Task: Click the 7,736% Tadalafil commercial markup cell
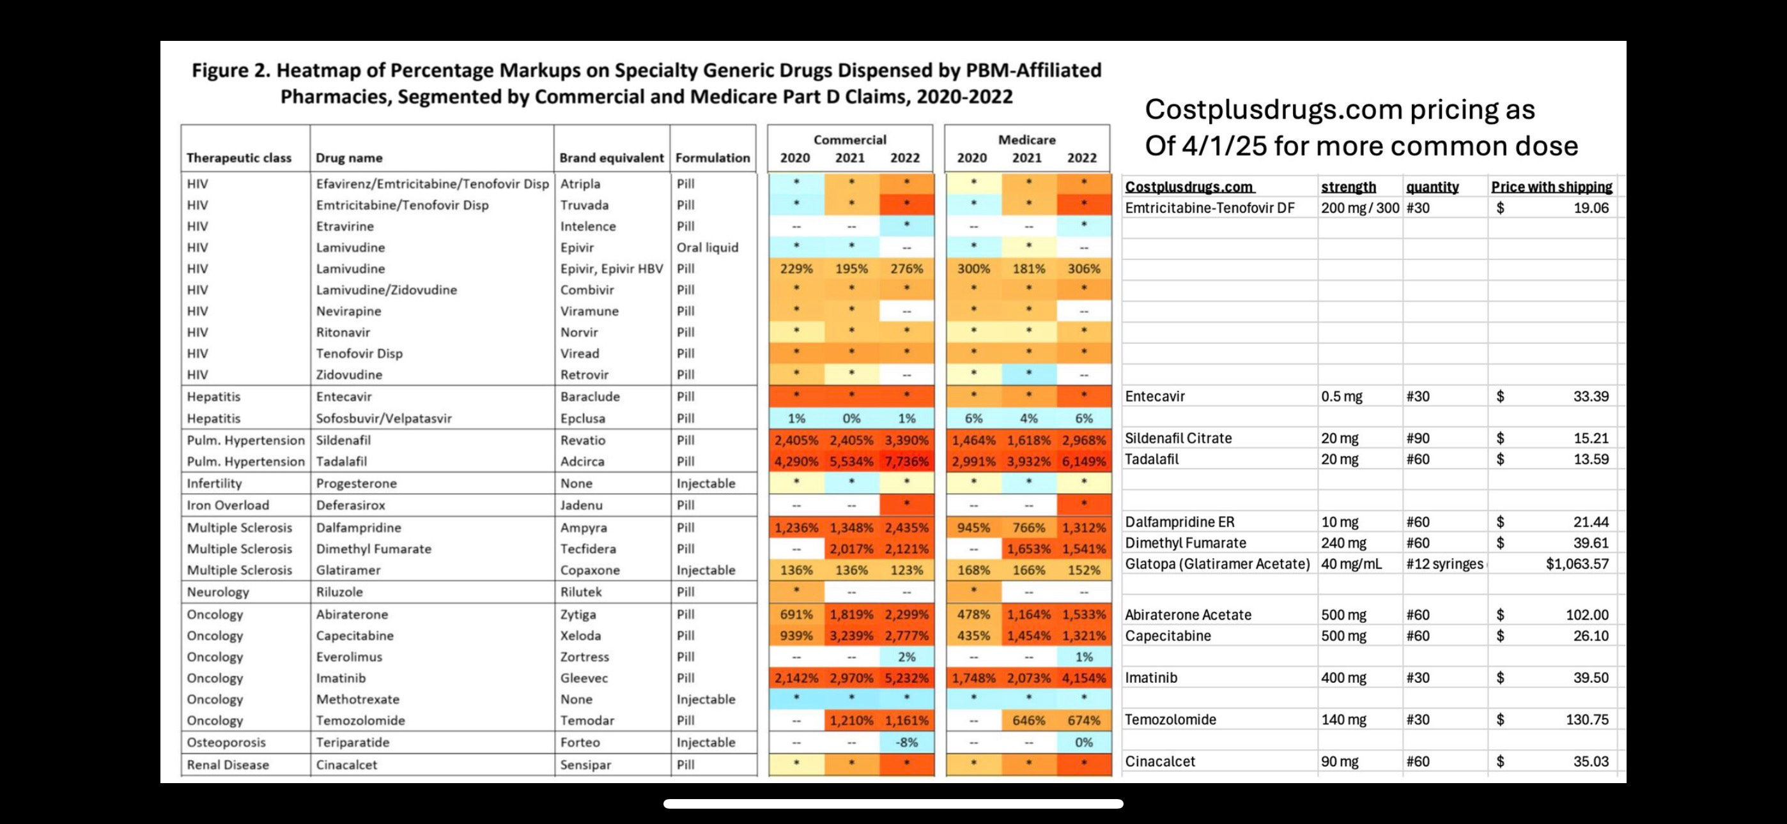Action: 906,461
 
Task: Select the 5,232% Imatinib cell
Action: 906,678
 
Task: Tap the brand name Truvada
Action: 584,205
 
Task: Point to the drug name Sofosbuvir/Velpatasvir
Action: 383,418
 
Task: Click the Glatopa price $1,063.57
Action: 1577,564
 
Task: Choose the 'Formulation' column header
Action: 713,158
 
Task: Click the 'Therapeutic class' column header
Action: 238,158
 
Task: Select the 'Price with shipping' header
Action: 1551,187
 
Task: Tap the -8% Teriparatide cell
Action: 906,742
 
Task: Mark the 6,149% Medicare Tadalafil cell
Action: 1083,461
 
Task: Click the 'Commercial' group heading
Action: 850,139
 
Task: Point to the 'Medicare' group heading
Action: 1026,139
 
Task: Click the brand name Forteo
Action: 580,742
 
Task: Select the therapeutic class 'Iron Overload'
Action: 228,505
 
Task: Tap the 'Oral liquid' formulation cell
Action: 707,248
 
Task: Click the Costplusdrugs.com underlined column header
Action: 1189,187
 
